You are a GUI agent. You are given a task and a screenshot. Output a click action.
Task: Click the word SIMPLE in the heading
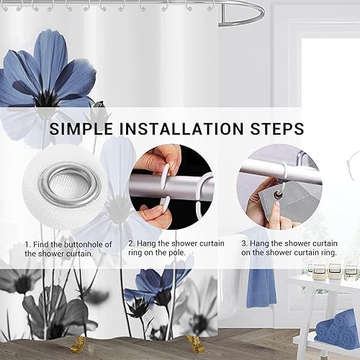coord(81,129)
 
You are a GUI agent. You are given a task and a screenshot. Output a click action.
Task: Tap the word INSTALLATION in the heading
coord(181,129)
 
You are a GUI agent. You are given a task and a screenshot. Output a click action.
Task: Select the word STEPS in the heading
coord(277,129)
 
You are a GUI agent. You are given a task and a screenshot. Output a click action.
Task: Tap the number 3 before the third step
coord(244,243)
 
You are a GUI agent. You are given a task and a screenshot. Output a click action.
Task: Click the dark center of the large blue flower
coord(44,97)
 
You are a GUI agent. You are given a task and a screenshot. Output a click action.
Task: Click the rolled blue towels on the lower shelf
coord(337,326)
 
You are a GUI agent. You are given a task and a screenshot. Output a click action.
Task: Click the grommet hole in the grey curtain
coord(279,197)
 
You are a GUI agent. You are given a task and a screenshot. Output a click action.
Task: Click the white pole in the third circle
coord(279,171)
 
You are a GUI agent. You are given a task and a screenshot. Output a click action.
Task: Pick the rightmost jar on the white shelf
coord(351,272)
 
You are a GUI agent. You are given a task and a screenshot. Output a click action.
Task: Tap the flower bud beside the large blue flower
coord(99,104)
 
